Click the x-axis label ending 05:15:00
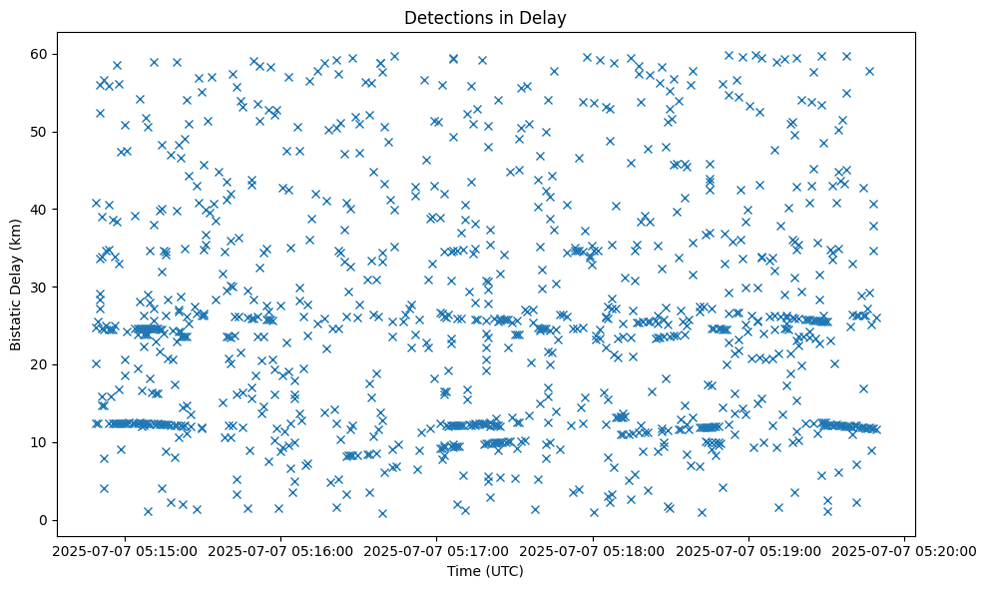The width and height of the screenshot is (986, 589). (x=125, y=549)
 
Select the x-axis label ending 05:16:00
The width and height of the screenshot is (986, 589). (x=280, y=549)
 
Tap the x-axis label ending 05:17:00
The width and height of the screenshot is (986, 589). (x=437, y=549)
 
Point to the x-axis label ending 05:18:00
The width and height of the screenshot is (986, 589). (x=593, y=549)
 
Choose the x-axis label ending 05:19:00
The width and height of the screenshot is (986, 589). (x=749, y=549)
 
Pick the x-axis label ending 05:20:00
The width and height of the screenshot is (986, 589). (x=905, y=549)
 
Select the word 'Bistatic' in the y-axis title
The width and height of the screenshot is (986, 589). (x=16, y=323)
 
